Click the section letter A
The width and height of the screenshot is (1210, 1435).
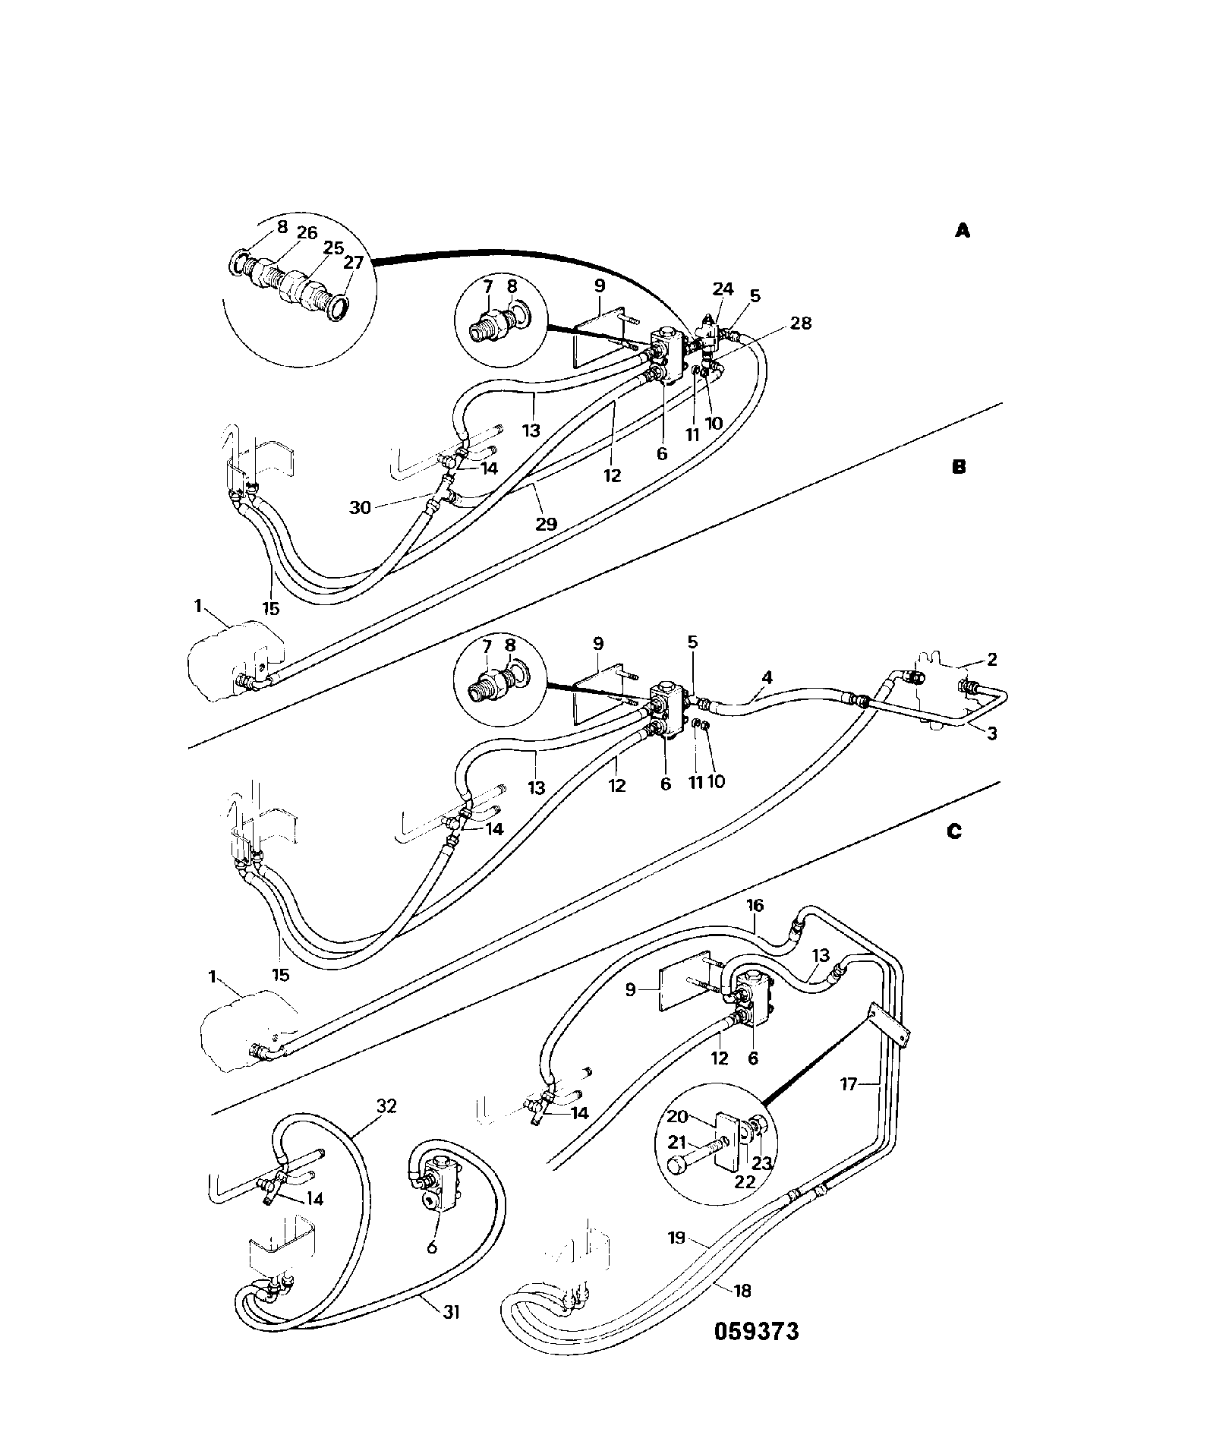coord(962,231)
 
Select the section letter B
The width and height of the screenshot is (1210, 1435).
coord(959,468)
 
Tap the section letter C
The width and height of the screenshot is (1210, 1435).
coord(954,832)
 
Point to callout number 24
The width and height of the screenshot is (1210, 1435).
coord(723,289)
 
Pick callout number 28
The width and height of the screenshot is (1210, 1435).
coord(800,323)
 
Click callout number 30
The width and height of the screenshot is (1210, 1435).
coord(360,507)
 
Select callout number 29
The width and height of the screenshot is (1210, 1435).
coord(546,523)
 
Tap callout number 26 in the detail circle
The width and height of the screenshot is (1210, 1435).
coord(307,232)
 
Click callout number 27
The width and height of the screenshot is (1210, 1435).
coord(354,263)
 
